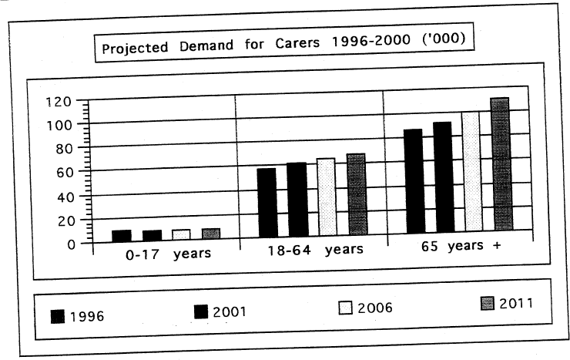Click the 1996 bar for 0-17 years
pyautogui.click(x=121, y=235)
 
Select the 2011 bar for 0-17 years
pyautogui.click(x=211, y=234)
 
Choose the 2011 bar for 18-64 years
pyautogui.click(x=357, y=194)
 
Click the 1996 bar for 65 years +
pyautogui.click(x=413, y=181)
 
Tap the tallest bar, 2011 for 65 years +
pyautogui.click(x=501, y=165)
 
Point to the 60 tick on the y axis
pyautogui.click(x=67, y=172)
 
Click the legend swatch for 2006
pyautogui.click(x=345, y=308)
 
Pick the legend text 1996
pyautogui.click(x=87, y=316)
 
